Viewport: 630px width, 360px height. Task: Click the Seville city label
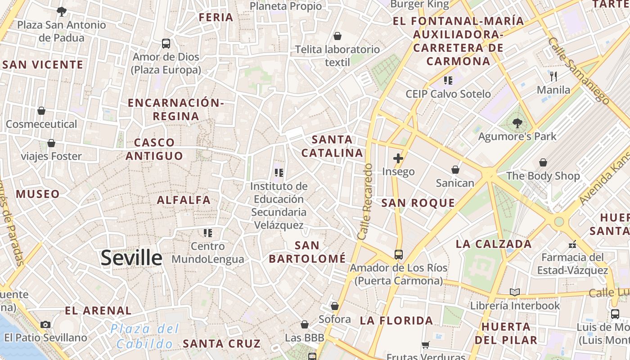[131, 258]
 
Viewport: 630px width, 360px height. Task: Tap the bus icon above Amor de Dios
[166, 44]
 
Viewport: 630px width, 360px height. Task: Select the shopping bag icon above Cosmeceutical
[41, 111]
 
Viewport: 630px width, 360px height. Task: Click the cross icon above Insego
[398, 158]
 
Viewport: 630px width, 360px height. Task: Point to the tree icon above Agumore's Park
[517, 123]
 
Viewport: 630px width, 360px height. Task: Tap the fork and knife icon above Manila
[553, 76]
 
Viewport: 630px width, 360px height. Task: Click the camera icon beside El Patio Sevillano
[45, 324]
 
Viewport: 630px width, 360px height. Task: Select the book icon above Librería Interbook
[515, 292]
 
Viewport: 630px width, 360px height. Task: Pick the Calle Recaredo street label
[365, 202]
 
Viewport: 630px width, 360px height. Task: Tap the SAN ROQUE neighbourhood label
[418, 203]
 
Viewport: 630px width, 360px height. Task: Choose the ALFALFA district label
[184, 200]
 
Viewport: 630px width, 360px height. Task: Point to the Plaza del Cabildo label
[144, 336]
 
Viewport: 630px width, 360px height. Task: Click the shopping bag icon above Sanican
[455, 170]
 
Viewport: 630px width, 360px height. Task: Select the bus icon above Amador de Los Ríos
[398, 255]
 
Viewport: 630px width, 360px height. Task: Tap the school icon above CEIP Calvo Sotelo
[448, 81]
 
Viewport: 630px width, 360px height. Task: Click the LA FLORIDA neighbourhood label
[396, 321]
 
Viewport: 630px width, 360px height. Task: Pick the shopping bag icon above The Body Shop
[543, 162]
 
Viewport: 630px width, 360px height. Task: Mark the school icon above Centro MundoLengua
[207, 233]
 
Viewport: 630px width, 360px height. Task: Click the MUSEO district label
[38, 194]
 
